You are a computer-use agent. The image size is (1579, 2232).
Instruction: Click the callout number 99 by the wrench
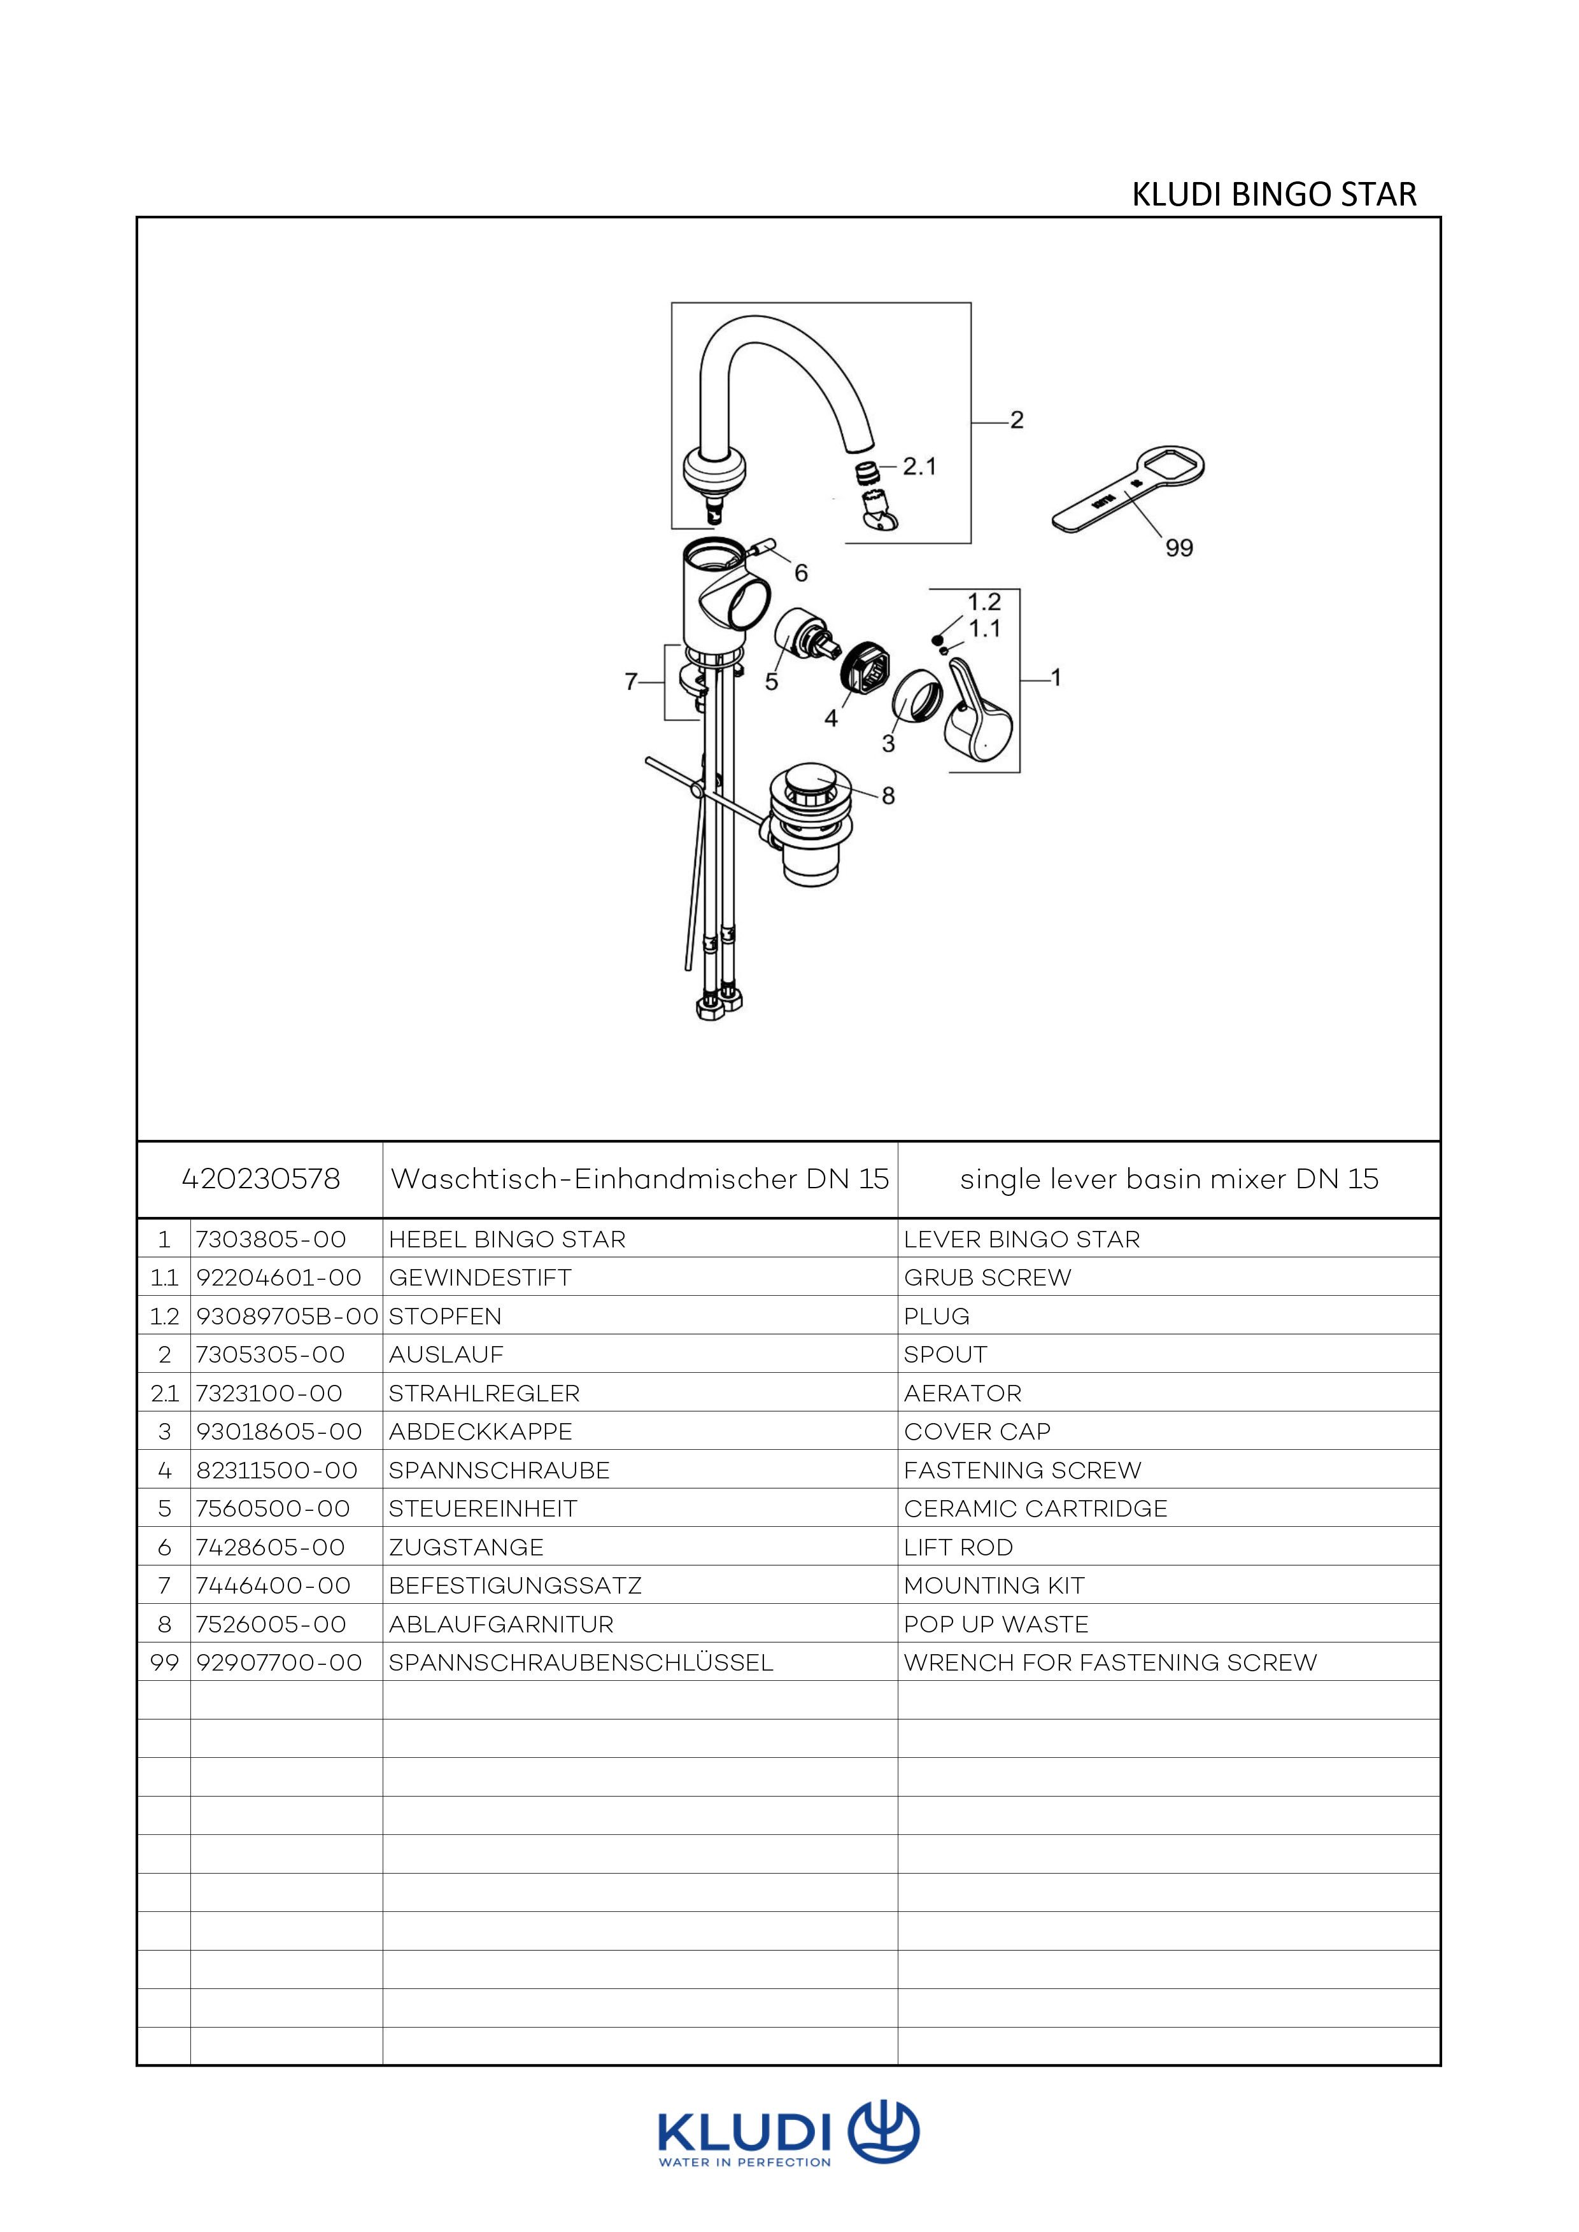[x=1179, y=548]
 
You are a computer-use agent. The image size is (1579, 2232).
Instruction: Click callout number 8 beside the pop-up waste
[x=888, y=796]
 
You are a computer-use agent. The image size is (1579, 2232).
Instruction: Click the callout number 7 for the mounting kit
[x=631, y=682]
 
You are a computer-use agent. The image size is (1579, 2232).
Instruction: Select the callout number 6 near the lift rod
[x=800, y=573]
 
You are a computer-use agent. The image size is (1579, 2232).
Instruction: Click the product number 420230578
[x=260, y=1179]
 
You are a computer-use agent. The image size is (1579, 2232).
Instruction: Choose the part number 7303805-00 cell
[x=271, y=1239]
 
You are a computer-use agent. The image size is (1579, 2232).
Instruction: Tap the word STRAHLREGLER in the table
[x=483, y=1393]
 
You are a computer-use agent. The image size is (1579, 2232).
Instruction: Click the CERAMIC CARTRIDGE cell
[x=1035, y=1509]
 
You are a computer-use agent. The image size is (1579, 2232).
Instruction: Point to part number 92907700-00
[x=278, y=1663]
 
